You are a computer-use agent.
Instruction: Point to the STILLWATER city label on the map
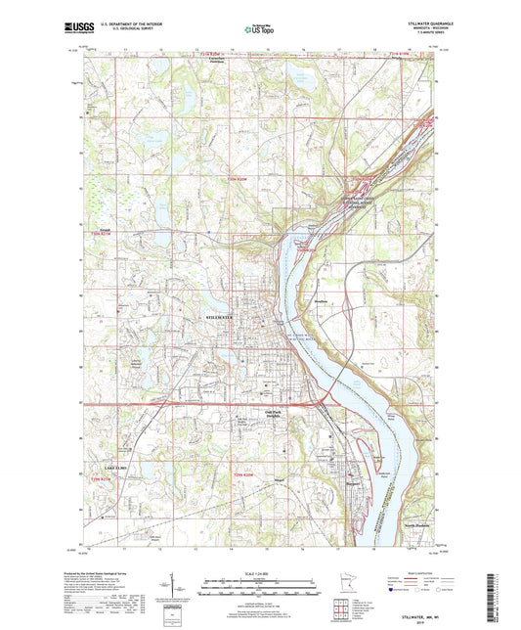224,319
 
